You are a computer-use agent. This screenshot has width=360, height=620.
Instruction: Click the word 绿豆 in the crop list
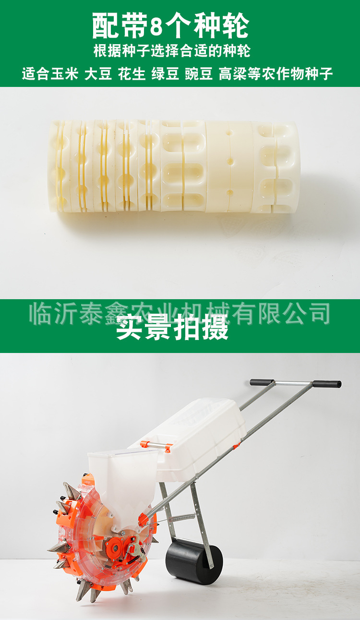(x=165, y=74)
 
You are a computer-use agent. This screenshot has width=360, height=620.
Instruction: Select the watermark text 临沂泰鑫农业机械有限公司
(x=180, y=313)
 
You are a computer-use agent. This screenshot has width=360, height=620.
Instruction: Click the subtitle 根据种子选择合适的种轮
(x=172, y=50)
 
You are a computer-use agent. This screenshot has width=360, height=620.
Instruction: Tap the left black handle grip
(x=262, y=383)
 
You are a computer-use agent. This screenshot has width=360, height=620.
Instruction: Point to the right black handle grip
(x=327, y=384)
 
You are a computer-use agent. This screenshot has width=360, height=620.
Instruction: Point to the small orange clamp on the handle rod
(x=236, y=446)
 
